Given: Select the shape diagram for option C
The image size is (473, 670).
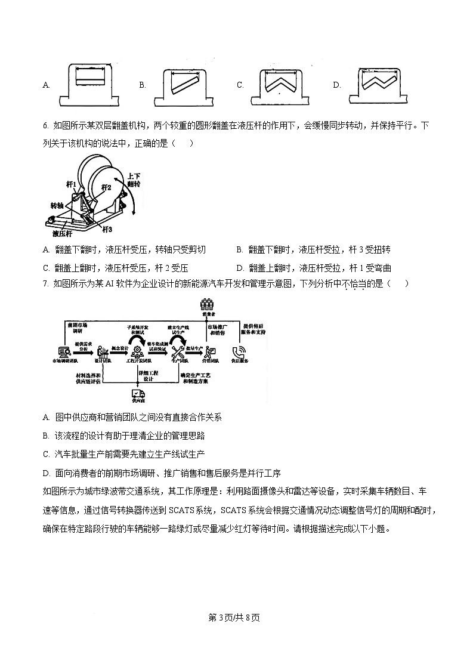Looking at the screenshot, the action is [283, 84].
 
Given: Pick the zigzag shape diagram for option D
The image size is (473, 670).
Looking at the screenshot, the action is [380, 84].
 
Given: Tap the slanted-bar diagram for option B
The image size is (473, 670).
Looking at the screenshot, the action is [187, 84].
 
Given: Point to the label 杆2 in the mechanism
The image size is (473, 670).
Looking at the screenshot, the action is [106, 187].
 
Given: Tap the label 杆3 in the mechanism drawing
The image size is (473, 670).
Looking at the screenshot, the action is [106, 229].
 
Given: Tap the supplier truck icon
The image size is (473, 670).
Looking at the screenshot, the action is [138, 394].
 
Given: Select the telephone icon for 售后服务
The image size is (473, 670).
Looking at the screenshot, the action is [241, 352].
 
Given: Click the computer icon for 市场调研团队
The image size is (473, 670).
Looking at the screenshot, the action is [63, 352].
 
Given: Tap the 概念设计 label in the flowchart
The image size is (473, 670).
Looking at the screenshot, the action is [120, 348].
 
